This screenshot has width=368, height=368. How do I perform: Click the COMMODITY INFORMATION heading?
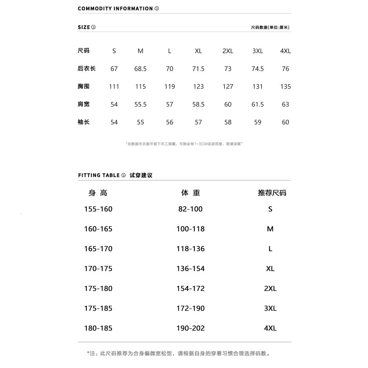115,8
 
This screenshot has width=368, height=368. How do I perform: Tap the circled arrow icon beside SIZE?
94,27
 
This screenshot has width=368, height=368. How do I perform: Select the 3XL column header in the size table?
257,51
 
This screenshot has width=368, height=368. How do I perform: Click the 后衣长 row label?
87,68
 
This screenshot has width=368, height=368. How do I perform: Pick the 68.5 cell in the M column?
140,69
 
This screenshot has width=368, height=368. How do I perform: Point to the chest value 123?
198,87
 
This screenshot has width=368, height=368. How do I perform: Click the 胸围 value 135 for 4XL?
285,87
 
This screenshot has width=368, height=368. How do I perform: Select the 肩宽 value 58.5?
198,104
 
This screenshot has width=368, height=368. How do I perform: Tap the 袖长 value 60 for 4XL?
285,122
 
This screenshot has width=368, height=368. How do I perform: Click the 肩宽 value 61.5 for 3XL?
257,104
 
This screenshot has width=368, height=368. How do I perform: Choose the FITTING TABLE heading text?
99,175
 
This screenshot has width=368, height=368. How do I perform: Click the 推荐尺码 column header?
272,193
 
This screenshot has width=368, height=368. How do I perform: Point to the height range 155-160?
98,209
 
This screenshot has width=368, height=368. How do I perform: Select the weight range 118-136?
190,249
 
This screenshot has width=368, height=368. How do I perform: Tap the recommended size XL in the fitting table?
270,269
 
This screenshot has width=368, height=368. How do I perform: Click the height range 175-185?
98,308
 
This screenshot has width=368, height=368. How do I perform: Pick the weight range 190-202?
190,328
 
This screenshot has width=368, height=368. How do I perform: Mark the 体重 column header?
191,193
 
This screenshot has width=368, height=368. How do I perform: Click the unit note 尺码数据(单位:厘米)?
270,27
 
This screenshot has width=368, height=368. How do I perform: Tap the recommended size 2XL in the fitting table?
270,289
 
